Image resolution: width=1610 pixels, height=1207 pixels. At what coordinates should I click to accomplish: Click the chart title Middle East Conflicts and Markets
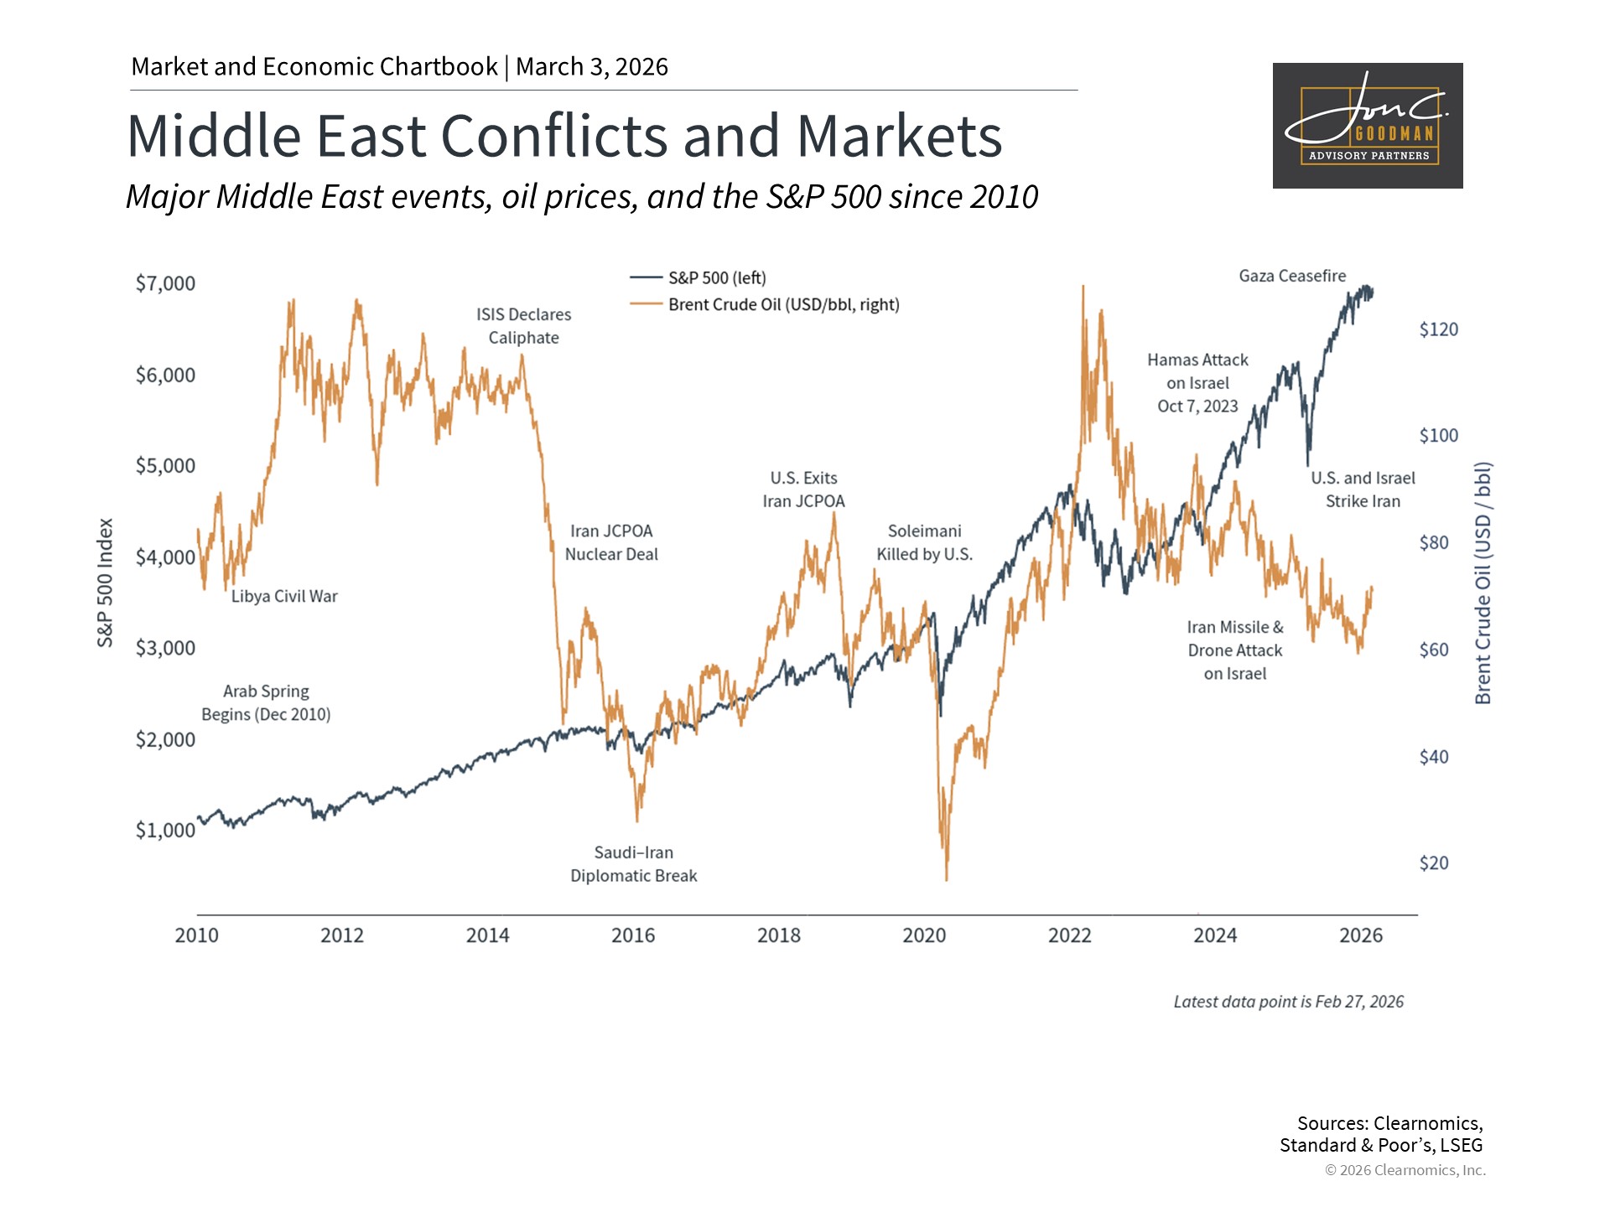click(x=564, y=136)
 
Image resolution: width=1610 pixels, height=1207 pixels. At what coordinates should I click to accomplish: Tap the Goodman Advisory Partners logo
click(x=1368, y=126)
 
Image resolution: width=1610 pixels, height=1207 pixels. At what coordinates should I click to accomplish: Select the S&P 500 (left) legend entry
click(x=698, y=277)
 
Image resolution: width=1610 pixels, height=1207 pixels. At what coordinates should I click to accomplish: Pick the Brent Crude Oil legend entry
click(x=765, y=304)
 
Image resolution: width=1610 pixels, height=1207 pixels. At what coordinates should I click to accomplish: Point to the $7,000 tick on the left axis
click(x=165, y=283)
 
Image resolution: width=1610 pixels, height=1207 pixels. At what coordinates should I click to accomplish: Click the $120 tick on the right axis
click(x=1439, y=329)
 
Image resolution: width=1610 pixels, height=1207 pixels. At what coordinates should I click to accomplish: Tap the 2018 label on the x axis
click(x=779, y=935)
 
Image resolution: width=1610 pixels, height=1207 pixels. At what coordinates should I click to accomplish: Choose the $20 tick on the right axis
click(x=1434, y=863)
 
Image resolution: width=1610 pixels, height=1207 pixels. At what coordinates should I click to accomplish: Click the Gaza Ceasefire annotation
click(x=1292, y=276)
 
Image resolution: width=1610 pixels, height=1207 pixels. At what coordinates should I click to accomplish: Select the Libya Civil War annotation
click(x=284, y=596)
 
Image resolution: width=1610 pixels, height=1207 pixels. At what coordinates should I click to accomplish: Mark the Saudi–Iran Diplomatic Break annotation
click(x=634, y=864)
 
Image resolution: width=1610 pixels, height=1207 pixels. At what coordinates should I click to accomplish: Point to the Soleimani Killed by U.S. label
click(x=925, y=542)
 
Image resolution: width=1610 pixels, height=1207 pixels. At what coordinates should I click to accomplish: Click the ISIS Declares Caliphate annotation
click(x=524, y=326)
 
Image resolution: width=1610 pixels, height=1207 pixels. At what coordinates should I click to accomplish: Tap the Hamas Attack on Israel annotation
click(x=1197, y=383)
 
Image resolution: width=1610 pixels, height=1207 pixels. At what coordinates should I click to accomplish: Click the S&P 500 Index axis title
click(x=105, y=583)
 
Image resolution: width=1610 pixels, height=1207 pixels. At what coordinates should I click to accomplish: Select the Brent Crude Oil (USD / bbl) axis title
click(x=1483, y=583)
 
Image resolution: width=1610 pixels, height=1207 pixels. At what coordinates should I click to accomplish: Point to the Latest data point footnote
click(x=1289, y=1002)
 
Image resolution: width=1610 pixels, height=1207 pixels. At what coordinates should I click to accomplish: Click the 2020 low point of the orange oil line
click(x=947, y=880)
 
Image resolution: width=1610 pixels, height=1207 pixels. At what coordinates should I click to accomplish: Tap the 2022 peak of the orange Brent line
click(x=1083, y=287)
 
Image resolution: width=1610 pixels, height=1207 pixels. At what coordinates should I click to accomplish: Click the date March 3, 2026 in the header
click(x=592, y=67)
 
